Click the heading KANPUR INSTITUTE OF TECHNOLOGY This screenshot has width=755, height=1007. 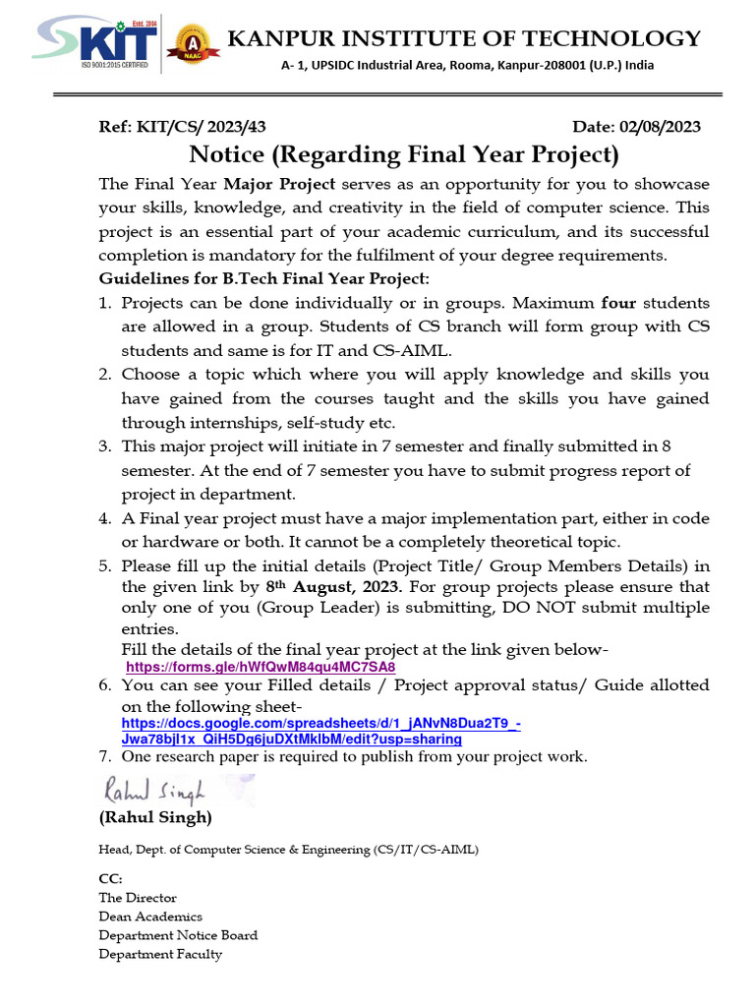tap(464, 38)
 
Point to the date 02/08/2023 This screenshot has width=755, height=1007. tap(660, 127)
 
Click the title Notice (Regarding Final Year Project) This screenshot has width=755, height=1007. tap(404, 155)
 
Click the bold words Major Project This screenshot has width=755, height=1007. tap(279, 184)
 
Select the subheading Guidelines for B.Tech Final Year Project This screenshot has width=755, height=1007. tap(264, 278)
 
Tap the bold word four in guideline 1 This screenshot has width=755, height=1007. tap(619, 303)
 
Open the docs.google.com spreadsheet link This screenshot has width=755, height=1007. tap(319, 731)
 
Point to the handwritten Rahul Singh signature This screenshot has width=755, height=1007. tap(151, 789)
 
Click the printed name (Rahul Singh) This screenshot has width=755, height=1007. tap(154, 817)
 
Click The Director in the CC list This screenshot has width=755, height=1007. tap(138, 897)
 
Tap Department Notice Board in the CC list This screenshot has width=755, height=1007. tap(178, 934)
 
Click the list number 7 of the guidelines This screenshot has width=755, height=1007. tap(104, 756)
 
